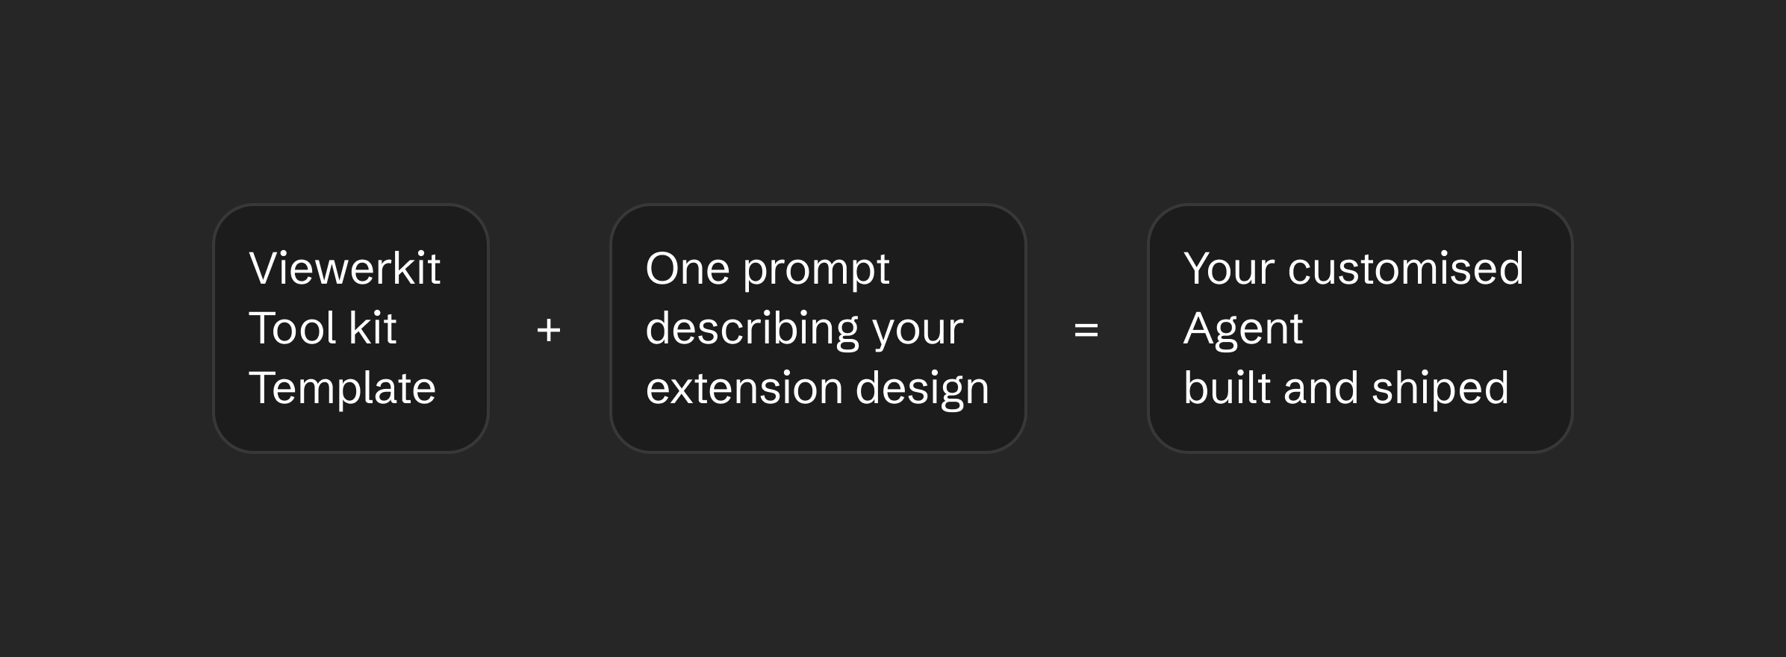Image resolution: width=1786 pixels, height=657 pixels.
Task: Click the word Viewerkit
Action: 344,268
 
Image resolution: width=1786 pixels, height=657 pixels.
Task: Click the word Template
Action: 342,389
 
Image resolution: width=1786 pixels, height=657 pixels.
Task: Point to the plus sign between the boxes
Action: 549,330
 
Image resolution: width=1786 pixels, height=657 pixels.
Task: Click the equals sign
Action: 1086,330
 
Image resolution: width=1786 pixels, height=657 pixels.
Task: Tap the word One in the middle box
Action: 688,268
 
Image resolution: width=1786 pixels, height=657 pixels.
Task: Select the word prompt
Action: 816,270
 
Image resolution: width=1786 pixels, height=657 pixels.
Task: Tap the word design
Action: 922,390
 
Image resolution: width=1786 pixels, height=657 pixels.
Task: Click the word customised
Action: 1406,268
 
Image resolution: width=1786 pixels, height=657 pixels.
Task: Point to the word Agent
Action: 1243,330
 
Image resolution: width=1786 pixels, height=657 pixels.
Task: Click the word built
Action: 1227,387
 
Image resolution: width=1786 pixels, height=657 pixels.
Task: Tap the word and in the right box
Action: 1321,387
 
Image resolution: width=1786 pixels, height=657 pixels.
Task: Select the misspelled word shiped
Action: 1440,390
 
